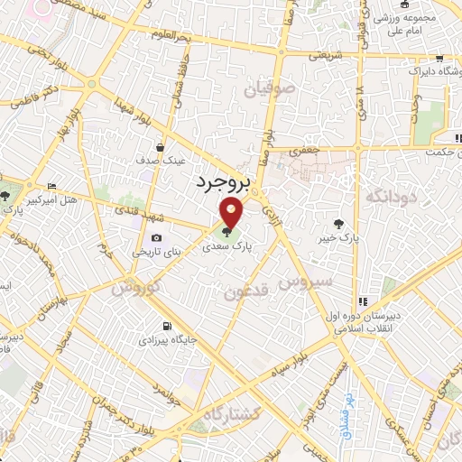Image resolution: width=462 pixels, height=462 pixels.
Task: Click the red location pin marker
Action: (232, 213)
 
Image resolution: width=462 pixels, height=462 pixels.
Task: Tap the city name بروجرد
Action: (220, 182)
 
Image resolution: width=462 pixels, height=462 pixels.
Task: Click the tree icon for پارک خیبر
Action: (337, 223)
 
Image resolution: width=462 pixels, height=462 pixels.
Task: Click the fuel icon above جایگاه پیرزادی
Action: (164, 326)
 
